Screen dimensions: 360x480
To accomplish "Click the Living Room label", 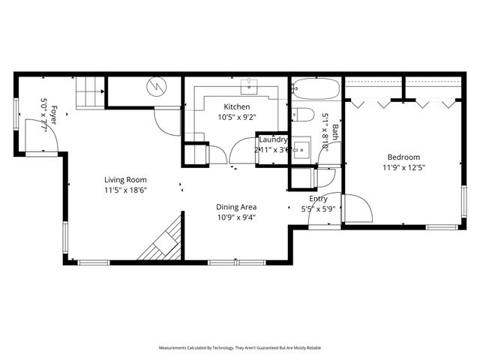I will pyautogui.click(x=125, y=180).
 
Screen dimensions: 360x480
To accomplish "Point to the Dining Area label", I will pyautogui.click(x=237, y=207).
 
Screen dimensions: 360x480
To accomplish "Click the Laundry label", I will pyautogui.click(x=273, y=139).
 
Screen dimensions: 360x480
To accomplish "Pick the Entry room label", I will pyautogui.click(x=319, y=199).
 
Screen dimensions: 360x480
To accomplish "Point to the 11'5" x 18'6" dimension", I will pyautogui.click(x=125, y=190).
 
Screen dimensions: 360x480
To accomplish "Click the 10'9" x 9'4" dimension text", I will pyautogui.click(x=237, y=217).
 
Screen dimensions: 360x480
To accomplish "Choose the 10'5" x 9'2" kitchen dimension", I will pyautogui.click(x=236, y=117).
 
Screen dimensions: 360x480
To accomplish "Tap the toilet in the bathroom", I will pyautogui.click(x=303, y=115).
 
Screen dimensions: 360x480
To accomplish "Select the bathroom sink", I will pyautogui.click(x=302, y=148).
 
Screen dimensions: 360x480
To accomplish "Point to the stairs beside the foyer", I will pyautogui.click(x=88, y=92).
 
